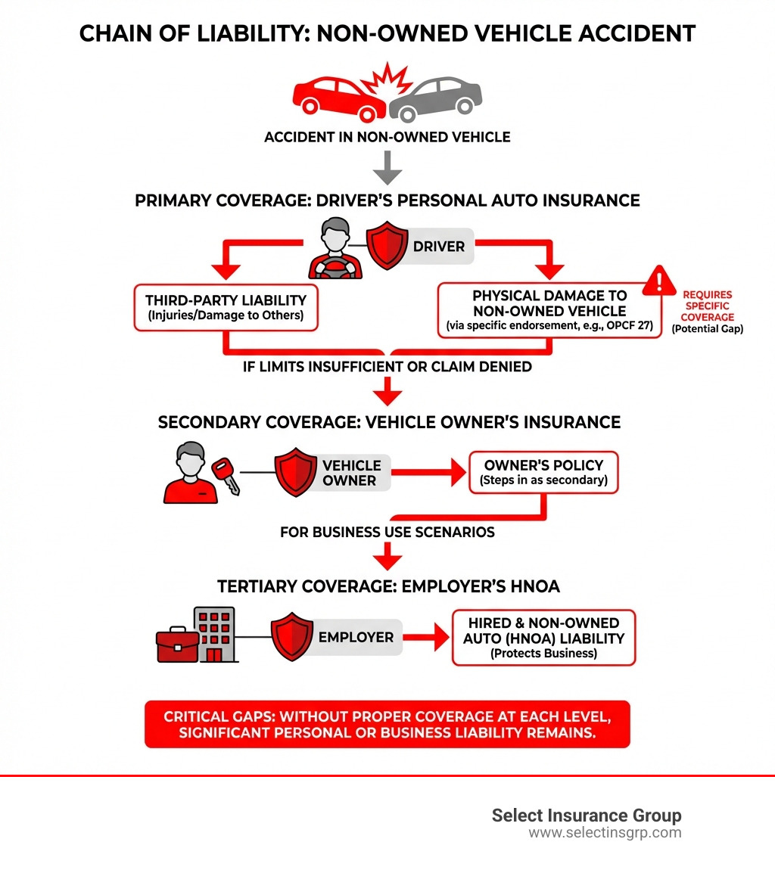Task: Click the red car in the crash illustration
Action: (333, 97)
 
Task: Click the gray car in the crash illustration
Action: (439, 98)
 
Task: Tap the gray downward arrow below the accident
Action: (387, 167)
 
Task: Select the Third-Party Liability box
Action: (226, 308)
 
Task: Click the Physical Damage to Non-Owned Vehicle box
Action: (549, 311)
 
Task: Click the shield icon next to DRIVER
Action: (387, 247)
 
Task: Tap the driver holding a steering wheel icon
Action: (335, 250)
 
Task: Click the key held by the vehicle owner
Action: (227, 475)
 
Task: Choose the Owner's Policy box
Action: (543, 473)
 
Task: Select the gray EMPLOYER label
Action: (356, 638)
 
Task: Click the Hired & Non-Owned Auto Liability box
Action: (543, 638)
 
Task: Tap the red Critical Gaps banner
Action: (387, 724)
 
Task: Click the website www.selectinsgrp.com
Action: (605, 833)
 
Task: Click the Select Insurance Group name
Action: (587, 815)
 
